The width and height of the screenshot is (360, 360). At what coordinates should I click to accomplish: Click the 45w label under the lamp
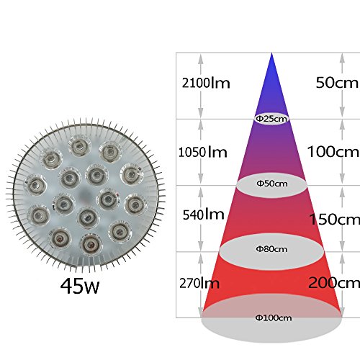click(x=80, y=286)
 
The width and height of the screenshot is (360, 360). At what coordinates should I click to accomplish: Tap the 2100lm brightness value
click(x=206, y=83)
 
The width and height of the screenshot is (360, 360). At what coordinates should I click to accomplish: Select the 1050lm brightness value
click(x=203, y=152)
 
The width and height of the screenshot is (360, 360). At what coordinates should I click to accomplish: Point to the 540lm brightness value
click(x=204, y=215)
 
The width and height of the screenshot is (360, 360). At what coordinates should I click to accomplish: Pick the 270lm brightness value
click(x=199, y=283)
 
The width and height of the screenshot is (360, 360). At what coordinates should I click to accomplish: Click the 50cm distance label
click(x=337, y=82)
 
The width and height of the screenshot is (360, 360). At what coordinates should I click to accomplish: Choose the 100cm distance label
click(x=333, y=151)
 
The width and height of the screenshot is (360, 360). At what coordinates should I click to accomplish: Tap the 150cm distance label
click(x=335, y=219)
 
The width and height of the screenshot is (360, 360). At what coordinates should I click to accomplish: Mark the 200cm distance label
click(x=334, y=282)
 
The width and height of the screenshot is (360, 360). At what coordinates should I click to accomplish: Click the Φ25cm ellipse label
click(x=271, y=119)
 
